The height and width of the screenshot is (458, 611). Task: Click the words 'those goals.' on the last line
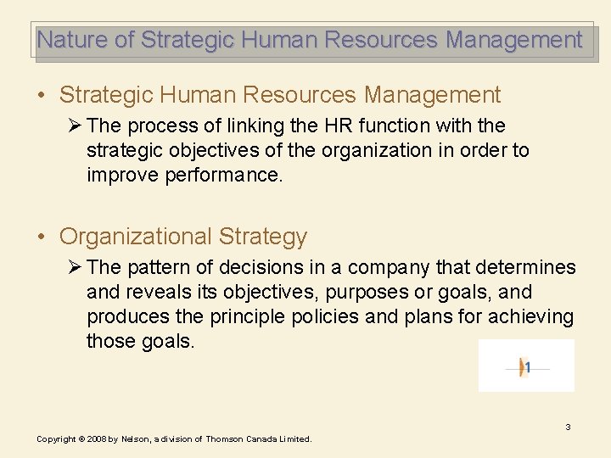tap(140, 341)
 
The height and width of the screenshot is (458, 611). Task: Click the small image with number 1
tap(526, 366)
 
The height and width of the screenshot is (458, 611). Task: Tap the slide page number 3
tap(568, 427)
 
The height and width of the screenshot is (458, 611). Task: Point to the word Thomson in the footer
tap(225, 439)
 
